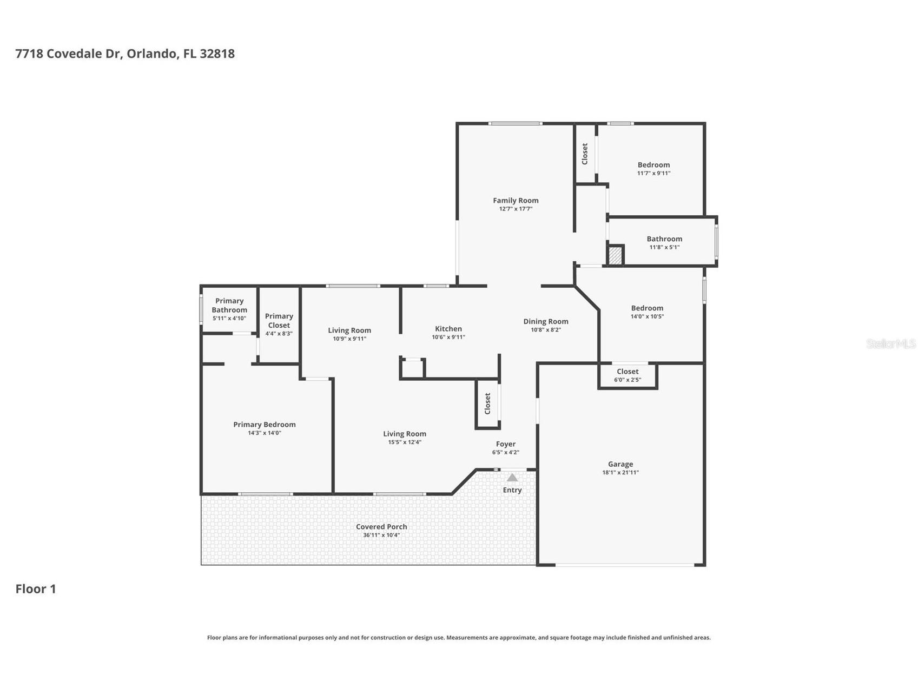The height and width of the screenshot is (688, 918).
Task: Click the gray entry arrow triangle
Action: [512, 478]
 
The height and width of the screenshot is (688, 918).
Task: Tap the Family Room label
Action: [516, 200]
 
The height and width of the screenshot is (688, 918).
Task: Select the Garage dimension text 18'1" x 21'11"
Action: [620, 472]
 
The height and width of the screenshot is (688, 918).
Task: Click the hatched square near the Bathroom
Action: [615, 255]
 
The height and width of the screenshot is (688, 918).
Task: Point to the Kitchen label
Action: [448, 328]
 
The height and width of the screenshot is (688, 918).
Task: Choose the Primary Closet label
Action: [279, 320]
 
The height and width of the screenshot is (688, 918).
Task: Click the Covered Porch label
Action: [381, 526]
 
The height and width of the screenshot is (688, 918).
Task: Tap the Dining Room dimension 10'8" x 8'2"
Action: [545, 329]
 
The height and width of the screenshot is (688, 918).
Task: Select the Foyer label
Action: [505, 444]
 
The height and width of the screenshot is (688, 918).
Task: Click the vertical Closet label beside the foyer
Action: [487, 403]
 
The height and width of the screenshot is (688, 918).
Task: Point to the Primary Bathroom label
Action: [229, 305]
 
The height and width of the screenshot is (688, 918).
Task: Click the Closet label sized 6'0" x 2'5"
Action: [628, 372]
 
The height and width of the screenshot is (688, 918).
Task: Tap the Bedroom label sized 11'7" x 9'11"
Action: [653, 165]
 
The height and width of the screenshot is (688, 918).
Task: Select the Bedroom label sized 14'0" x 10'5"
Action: [647, 308]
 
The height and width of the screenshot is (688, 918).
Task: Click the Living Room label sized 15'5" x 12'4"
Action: [405, 433]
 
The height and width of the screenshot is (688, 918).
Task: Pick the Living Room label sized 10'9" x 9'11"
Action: [349, 330]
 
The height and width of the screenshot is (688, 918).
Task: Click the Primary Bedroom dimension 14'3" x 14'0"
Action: [265, 433]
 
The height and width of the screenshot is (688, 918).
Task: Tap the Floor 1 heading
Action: [36, 588]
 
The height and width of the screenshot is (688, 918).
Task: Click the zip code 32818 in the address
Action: [217, 54]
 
